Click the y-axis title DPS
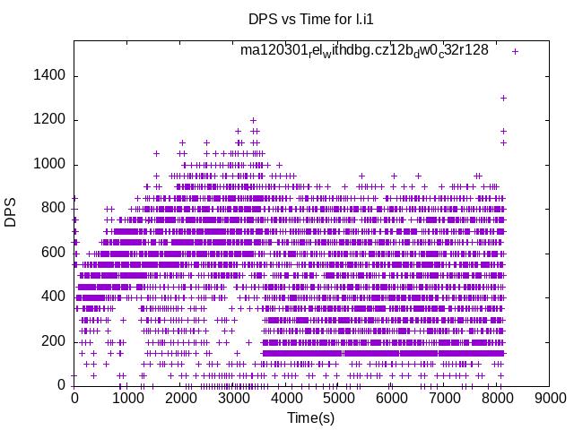click(x=11, y=213)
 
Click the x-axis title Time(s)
click(x=311, y=417)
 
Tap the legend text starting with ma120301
click(x=363, y=50)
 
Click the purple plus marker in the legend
click(x=515, y=51)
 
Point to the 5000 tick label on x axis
click(x=339, y=399)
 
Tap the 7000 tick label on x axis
click(x=445, y=399)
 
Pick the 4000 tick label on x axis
click(x=286, y=399)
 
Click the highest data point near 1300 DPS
click(x=503, y=98)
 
